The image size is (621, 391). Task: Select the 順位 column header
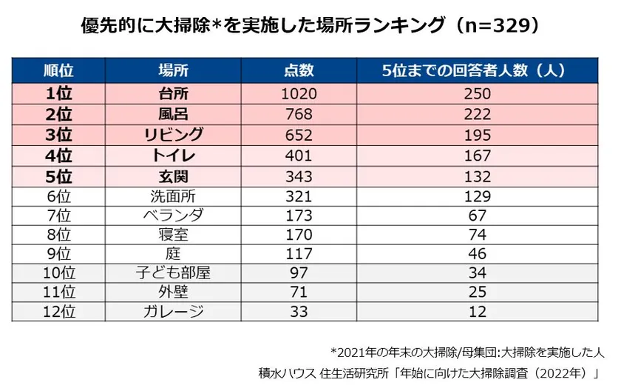click(x=58, y=71)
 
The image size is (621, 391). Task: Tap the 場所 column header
click(x=174, y=71)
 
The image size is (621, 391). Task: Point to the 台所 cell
click(x=174, y=94)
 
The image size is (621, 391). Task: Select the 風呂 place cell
click(x=174, y=115)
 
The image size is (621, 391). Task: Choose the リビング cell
click(x=174, y=136)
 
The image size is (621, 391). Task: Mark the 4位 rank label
click(x=58, y=156)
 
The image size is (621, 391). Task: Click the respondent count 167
click(x=477, y=156)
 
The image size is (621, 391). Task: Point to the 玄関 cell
click(x=174, y=177)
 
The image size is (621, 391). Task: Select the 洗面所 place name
click(x=174, y=197)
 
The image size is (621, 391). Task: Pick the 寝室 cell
click(x=174, y=235)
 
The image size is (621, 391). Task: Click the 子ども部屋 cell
click(x=174, y=273)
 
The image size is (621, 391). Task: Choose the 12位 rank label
click(x=58, y=312)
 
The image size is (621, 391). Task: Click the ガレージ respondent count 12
click(x=477, y=312)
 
